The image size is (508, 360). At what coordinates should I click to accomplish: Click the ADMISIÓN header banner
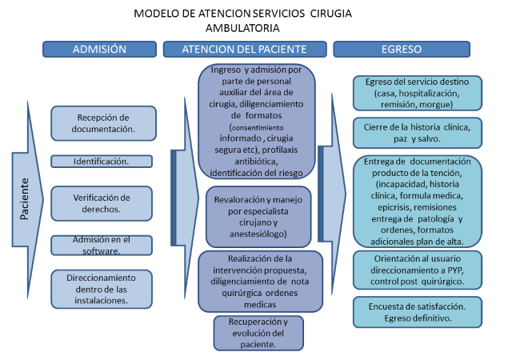click(99, 50)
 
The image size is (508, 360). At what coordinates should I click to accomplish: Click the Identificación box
click(101, 161)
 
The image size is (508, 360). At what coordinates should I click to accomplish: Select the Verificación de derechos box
click(101, 203)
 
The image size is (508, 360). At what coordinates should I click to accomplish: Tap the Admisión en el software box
click(101, 245)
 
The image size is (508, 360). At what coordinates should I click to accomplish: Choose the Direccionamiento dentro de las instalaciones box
click(101, 289)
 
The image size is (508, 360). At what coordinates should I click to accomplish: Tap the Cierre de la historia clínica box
click(417, 134)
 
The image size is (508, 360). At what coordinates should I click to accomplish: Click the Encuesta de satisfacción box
click(417, 311)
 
